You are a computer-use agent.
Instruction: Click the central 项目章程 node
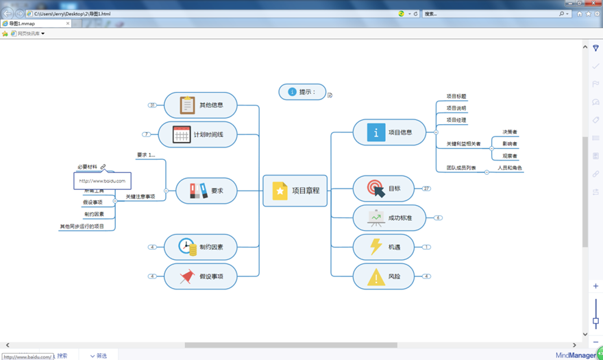295,191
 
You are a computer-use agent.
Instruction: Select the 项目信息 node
389,132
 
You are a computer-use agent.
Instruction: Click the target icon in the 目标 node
375,189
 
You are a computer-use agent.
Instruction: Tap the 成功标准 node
389,218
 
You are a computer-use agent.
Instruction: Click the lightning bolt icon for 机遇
376,247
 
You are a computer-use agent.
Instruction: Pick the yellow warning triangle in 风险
376,276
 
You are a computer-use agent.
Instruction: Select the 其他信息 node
200,105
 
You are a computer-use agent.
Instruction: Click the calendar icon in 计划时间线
182,134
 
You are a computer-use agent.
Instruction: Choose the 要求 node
206,191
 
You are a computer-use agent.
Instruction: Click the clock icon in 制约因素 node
186,247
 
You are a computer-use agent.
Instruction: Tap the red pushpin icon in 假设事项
186,276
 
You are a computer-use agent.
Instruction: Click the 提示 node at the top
302,92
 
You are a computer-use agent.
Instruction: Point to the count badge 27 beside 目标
426,189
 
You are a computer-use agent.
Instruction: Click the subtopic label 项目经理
456,120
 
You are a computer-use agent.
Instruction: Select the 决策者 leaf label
510,132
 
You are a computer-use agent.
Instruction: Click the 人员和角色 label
509,168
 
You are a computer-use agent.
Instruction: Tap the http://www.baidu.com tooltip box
102,181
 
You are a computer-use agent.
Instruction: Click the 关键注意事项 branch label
140,197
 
